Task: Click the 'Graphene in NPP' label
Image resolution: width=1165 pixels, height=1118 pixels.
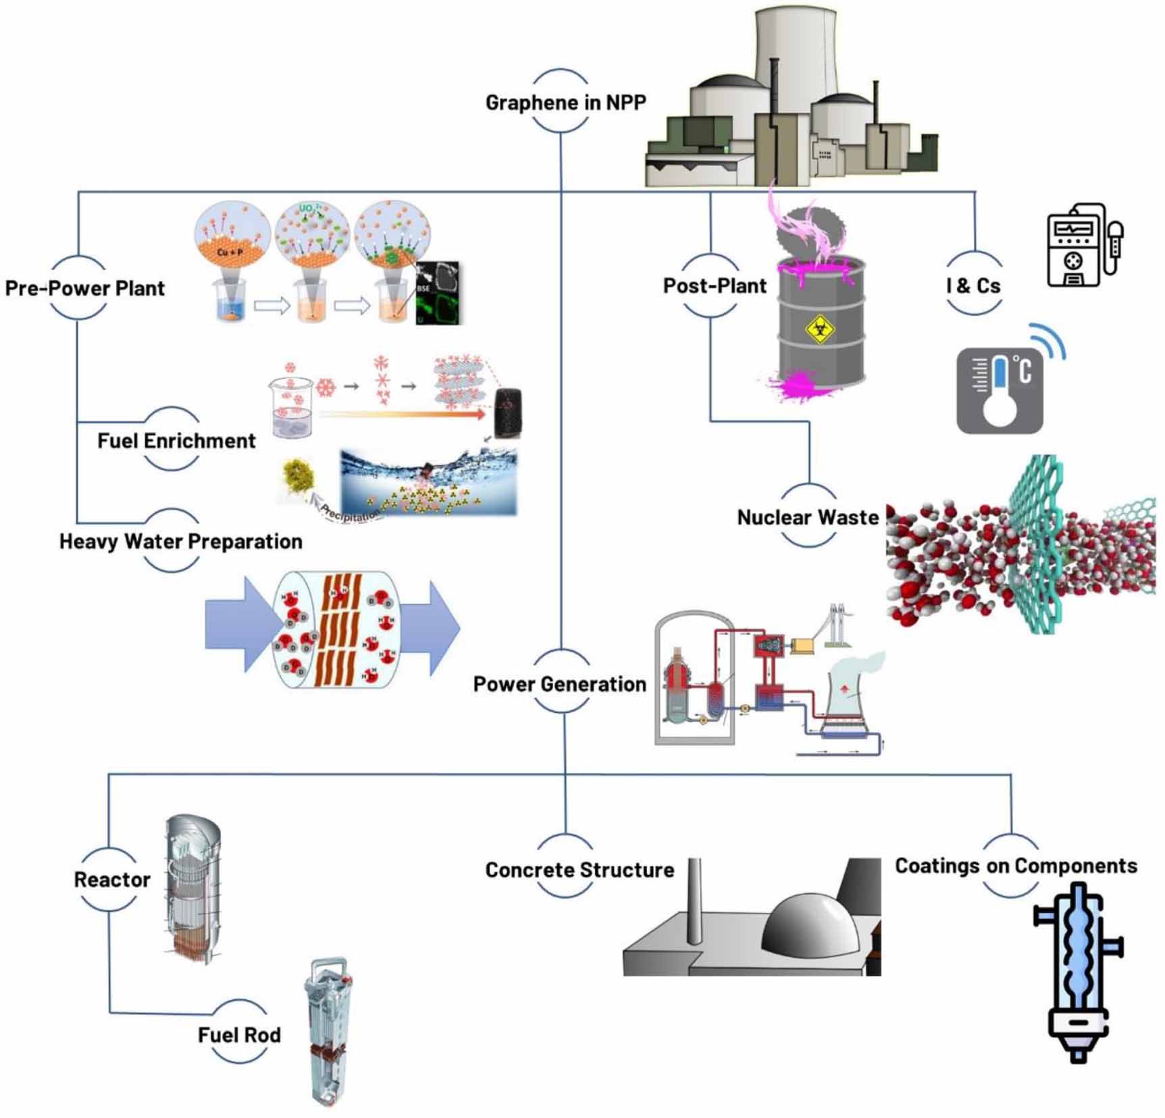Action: pos(565,102)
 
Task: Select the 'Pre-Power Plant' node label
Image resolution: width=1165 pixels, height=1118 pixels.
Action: pos(84,288)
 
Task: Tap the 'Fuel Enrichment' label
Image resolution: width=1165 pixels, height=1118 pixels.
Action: pos(176,441)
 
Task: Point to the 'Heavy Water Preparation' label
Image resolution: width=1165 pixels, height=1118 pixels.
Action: pos(180,541)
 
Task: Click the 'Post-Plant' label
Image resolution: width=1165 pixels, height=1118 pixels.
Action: pos(715,286)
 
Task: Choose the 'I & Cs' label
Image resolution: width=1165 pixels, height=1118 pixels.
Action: pos(973,286)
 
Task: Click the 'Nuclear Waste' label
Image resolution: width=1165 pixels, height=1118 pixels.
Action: pos(808,518)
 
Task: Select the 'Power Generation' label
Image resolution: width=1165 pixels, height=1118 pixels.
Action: pos(559,684)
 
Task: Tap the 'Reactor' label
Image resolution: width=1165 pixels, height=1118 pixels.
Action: pos(112,880)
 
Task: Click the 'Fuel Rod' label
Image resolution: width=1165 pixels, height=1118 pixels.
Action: pos(239,1035)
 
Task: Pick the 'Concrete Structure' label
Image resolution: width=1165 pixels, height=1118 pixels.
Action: pos(579,870)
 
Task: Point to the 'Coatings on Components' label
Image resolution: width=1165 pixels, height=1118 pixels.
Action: pos(1016,866)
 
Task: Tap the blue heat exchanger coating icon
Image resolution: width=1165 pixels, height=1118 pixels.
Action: pos(1078,972)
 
